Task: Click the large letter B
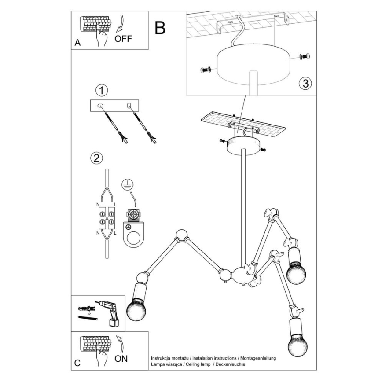pos(160,28)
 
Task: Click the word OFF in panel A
pos(123,38)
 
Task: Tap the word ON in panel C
pos(121,359)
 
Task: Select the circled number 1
pos(102,91)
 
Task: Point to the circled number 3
pos(305,84)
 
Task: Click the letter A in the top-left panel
pos(77,43)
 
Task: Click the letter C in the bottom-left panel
pos(77,364)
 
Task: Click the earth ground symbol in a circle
pos(127,185)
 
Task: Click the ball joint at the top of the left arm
pos(181,235)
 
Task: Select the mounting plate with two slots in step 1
pos(114,106)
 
